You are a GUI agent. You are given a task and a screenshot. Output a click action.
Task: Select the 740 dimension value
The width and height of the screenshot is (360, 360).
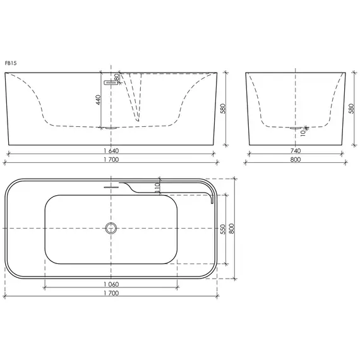point(296,151)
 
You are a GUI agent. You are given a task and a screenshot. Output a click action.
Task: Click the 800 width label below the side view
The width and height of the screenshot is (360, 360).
point(296,160)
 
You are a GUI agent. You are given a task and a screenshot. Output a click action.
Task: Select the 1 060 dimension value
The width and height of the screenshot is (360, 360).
point(111,285)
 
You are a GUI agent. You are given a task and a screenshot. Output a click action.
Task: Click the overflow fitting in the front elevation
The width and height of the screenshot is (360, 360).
point(112,81)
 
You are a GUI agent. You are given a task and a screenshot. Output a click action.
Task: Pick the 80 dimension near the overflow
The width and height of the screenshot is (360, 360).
point(117,77)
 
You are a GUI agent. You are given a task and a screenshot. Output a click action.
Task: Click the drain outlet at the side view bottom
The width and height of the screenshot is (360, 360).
point(296,128)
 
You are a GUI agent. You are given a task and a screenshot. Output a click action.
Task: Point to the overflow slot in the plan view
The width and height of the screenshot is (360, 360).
point(112,187)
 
